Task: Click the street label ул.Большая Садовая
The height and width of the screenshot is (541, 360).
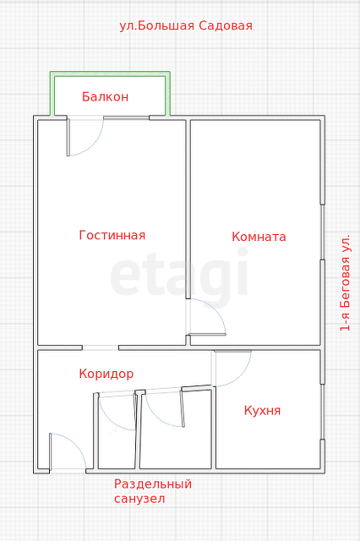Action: tap(186, 25)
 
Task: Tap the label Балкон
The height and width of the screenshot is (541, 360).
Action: tap(105, 96)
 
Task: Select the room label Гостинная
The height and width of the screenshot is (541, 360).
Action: tap(112, 235)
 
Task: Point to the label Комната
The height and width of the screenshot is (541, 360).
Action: tap(259, 237)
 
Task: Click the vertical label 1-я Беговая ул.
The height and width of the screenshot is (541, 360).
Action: tap(345, 282)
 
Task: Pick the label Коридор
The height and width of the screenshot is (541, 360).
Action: tap(106, 373)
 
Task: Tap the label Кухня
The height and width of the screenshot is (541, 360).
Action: tap(262, 410)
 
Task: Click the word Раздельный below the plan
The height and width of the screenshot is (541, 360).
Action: tap(153, 484)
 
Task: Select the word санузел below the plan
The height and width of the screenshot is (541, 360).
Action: tap(139, 499)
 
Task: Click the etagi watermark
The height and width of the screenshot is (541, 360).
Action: tap(179, 276)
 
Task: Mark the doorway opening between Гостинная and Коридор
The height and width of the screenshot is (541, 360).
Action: tap(100, 347)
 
